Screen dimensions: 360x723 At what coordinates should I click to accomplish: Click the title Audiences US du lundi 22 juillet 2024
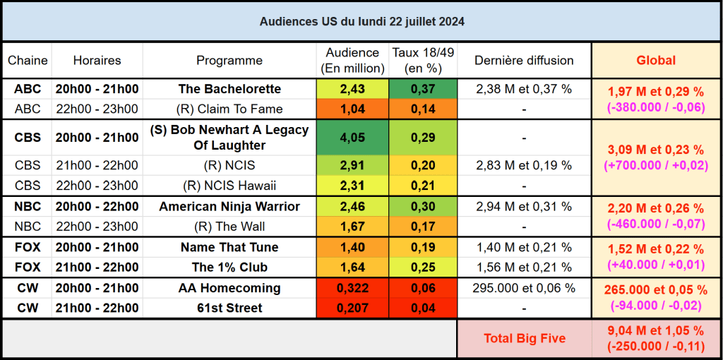pyautogui.click(x=361, y=22)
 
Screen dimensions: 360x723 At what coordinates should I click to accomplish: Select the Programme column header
pyautogui.click(x=229, y=61)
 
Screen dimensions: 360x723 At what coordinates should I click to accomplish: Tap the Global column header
pyautogui.click(x=656, y=61)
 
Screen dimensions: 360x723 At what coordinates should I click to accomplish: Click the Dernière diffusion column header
pyautogui.click(x=524, y=61)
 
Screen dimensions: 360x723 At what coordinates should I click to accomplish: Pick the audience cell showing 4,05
pyautogui.click(x=352, y=138)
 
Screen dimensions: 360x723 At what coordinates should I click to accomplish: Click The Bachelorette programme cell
pyautogui.click(x=229, y=89)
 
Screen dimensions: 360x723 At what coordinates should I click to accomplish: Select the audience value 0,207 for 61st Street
pyautogui.click(x=352, y=308)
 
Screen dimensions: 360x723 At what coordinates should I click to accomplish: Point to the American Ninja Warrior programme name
pyautogui.click(x=229, y=207)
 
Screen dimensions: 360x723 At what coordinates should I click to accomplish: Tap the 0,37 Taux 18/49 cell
pyautogui.click(x=423, y=89)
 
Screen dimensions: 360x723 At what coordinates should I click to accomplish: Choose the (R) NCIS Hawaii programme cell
pyautogui.click(x=229, y=186)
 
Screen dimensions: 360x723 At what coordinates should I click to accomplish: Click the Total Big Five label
pyautogui.click(x=524, y=339)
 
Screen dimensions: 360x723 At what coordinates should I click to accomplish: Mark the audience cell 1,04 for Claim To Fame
pyautogui.click(x=352, y=109)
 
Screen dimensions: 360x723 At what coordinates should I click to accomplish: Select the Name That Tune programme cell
pyautogui.click(x=229, y=247)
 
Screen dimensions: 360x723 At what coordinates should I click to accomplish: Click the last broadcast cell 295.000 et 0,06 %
pyautogui.click(x=524, y=288)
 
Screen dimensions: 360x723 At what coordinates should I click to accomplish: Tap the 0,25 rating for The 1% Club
pyautogui.click(x=423, y=268)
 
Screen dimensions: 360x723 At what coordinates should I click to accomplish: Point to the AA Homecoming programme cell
pyautogui.click(x=229, y=288)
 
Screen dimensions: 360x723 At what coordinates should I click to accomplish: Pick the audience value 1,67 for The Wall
pyautogui.click(x=352, y=227)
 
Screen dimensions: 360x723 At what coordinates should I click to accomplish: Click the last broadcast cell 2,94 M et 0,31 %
pyautogui.click(x=524, y=207)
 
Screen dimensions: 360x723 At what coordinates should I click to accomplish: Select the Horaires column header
pyautogui.click(x=97, y=61)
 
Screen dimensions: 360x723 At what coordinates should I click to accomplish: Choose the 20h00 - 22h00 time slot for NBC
pyautogui.click(x=97, y=207)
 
